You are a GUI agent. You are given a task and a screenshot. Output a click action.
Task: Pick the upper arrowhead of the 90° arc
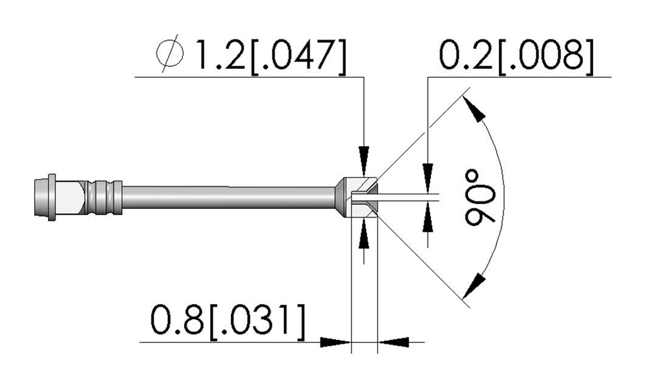pyautogui.click(x=473, y=108)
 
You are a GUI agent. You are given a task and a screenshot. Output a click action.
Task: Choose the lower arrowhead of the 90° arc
pyautogui.click(x=473, y=285)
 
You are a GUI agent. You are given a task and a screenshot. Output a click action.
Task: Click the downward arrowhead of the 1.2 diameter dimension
pyautogui.click(x=364, y=161)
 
